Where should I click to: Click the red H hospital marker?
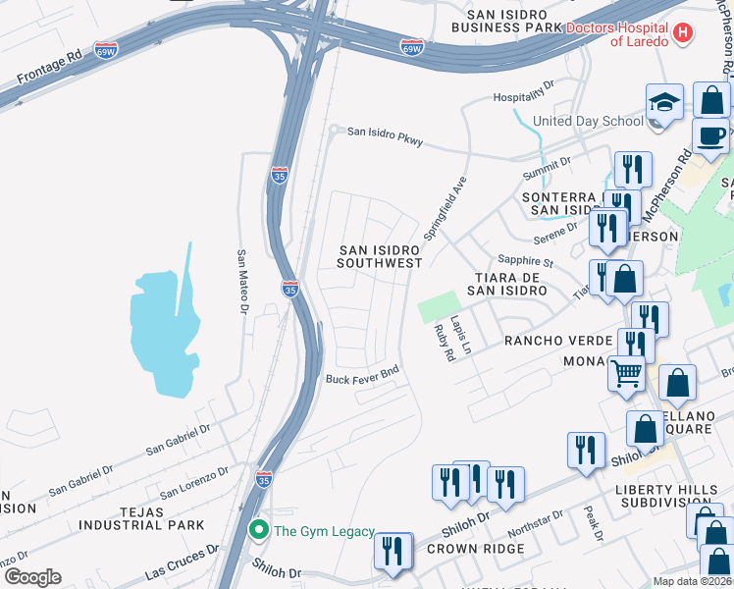683,35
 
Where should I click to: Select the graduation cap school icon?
664,103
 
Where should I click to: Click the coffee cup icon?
709,136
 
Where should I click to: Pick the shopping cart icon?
627,373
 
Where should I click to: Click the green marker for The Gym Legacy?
259,531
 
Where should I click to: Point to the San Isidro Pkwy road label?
386,135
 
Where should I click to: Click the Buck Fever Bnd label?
362,378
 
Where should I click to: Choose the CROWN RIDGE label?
475,549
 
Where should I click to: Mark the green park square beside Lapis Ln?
439,306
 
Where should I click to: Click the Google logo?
31,577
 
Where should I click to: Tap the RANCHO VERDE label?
557,341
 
